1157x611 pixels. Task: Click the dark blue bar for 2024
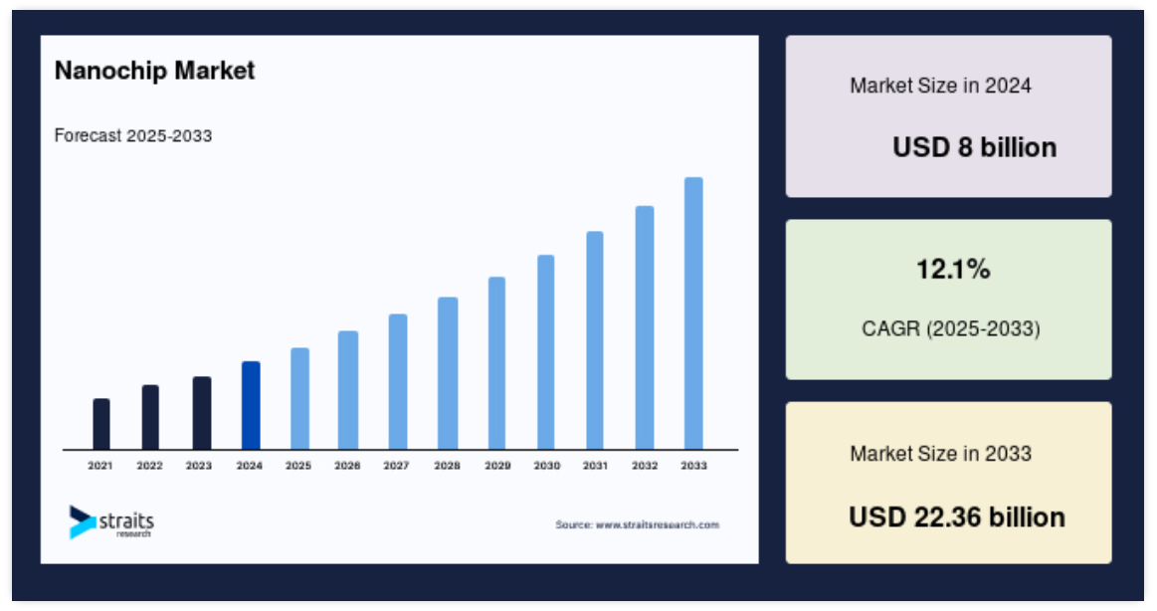click(251, 405)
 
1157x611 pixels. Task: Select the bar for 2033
click(693, 312)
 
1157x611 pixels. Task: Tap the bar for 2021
click(101, 424)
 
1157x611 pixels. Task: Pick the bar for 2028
click(447, 373)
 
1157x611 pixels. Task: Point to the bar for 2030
click(546, 352)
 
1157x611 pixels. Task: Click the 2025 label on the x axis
click(298, 466)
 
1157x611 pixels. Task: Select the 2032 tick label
click(645, 466)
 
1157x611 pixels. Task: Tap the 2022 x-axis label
click(149, 466)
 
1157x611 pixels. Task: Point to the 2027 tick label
click(396, 466)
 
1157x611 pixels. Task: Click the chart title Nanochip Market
click(155, 71)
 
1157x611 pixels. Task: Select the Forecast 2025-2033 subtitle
click(133, 135)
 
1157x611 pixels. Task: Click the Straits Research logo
click(111, 522)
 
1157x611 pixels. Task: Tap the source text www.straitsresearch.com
click(638, 524)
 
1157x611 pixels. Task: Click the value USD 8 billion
click(975, 147)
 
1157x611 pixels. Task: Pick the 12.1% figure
click(953, 270)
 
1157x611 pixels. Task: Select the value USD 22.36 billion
click(957, 517)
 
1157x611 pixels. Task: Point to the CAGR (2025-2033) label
click(951, 328)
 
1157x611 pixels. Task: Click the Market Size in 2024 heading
click(941, 86)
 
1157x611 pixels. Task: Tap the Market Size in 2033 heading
click(941, 453)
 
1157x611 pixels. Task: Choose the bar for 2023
click(201, 413)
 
